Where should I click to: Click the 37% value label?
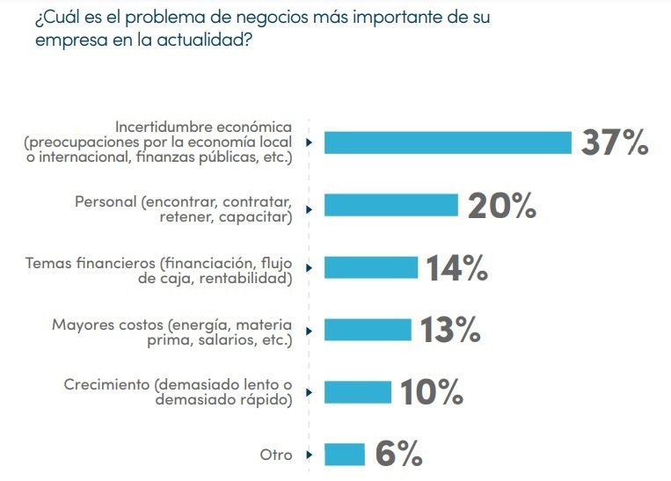[x=615, y=142]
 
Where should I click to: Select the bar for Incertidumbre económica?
[x=448, y=142]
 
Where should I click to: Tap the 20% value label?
[x=501, y=205]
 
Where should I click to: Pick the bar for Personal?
[x=390, y=205]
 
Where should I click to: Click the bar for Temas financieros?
[x=370, y=267]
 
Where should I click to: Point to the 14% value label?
[x=456, y=268]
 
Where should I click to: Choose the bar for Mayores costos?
[x=368, y=330]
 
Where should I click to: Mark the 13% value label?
[x=449, y=331]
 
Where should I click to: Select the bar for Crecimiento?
[x=357, y=392]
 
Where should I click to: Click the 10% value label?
[x=431, y=393]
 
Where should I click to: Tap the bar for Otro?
[x=344, y=455]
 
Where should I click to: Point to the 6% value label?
[x=398, y=455]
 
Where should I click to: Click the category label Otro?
[x=275, y=455]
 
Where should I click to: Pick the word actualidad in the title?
[x=197, y=40]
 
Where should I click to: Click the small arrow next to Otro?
[x=309, y=455]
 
